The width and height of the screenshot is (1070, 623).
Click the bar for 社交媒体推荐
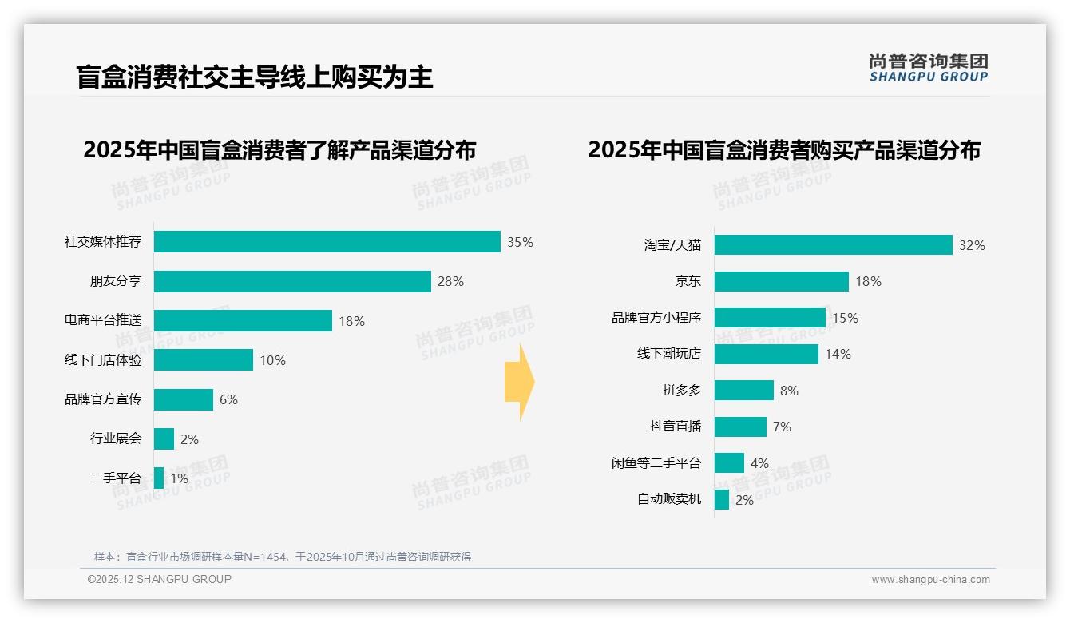[x=327, y=241]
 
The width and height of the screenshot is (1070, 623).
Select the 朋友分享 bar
[x=292, y=281]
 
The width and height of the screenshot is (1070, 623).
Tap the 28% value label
[x=450, y=281]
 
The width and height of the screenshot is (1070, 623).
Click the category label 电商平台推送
[x=103, y=320]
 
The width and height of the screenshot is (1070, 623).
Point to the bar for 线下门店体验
[x=203, y=359]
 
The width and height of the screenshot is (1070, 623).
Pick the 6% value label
[x=228, y=399]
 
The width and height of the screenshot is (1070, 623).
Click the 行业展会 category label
[x=116, y=438]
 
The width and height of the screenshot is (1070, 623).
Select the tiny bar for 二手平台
[x=159, y=478]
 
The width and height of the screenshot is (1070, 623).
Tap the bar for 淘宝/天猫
[x=833, y=244]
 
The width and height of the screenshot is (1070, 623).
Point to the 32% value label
[x=972, y=245]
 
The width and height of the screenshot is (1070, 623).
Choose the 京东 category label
[x=688, y=281]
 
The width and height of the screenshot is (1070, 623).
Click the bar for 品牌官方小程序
[x=770, y=317]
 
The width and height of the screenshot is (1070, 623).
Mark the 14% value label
[x=838, y=354]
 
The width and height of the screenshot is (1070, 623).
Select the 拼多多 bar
[x=743, y=390]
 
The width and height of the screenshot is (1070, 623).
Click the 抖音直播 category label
[x=675, y=427]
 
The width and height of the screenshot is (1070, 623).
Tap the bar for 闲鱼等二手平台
[x=729, y=462]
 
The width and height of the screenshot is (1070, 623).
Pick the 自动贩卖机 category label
[x=668, y=499]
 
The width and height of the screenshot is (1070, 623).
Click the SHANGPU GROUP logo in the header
[x=928, y=68]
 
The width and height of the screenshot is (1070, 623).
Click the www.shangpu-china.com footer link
[x=930, y=580]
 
